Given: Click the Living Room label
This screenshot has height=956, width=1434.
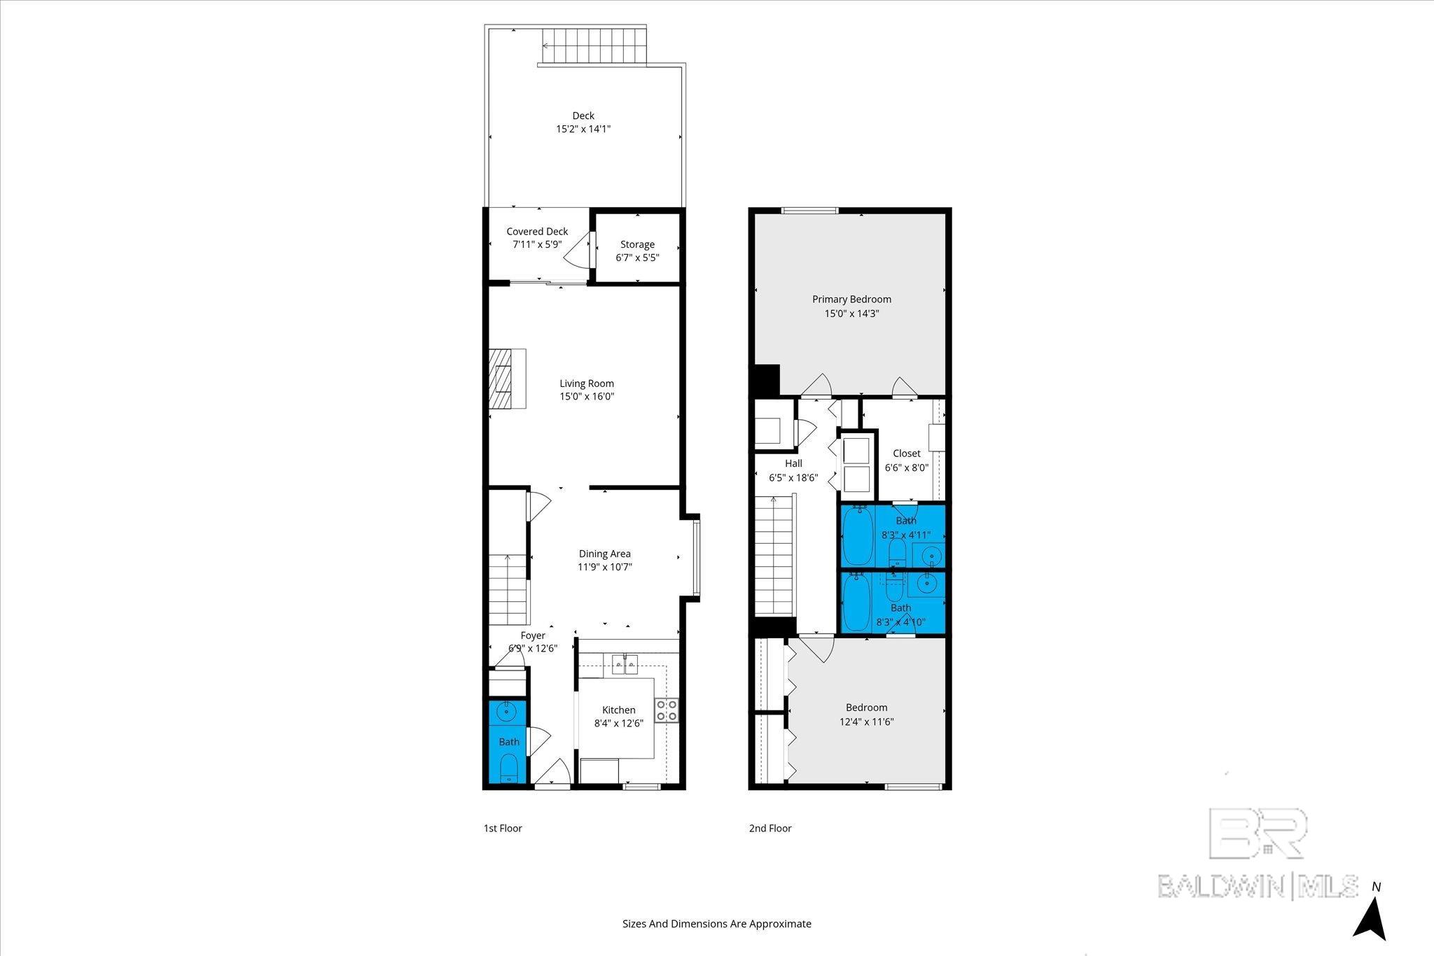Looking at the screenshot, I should tap(586, 384).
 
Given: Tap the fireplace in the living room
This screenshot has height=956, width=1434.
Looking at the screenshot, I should tap(506, 379).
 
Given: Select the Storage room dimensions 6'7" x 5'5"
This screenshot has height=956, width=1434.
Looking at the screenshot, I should tap(637, 258).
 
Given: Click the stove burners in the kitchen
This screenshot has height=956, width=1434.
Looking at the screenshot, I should tap(667, 710).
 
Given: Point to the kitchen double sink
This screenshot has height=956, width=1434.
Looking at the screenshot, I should tap(625, 663).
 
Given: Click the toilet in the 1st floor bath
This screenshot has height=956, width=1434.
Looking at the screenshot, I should tap(509, 768).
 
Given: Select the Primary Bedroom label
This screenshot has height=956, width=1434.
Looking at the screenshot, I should tap(851, 300).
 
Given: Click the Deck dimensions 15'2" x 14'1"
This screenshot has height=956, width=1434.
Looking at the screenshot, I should tap(583, 129).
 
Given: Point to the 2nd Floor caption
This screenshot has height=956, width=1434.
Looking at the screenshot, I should tap(770, 828).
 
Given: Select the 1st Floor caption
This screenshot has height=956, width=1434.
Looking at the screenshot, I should tap(503, 828).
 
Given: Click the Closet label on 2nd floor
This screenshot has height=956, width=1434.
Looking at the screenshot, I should tap(906, 454).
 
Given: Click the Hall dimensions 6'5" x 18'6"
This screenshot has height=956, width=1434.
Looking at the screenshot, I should tap(793, 478).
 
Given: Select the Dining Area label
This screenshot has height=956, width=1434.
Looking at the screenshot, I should tap(604, 554).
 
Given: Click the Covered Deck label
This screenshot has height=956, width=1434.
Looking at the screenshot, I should tap(537, 232).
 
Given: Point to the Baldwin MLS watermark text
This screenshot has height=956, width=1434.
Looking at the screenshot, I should tap(1258, 885).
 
